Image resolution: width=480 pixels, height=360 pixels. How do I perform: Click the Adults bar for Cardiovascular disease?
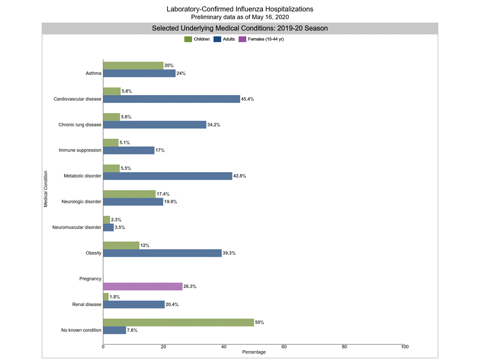click(x=171, y=99)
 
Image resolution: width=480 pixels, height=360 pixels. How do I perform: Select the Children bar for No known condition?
click(x=178, y=322)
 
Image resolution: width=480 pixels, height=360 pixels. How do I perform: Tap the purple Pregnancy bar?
click(x=142, y=286)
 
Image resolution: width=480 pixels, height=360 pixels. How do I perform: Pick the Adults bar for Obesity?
click(x=162, y=253)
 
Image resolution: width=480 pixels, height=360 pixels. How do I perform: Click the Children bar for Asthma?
click(x=133, y=65)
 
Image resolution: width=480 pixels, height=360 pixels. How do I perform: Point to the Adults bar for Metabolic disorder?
click(x=167, y=176)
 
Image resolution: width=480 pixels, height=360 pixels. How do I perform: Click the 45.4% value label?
click(x=248, y=99)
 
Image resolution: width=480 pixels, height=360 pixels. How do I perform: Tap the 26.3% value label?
click(x=190, y=286)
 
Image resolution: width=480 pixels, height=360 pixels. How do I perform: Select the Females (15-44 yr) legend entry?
click(x=261, y=39)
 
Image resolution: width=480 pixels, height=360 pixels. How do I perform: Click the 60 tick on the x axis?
click(x=284, y=346)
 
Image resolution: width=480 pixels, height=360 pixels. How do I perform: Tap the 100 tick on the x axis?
click(x=404, y=346)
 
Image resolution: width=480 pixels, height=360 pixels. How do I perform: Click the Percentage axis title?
click(x=253, y=352)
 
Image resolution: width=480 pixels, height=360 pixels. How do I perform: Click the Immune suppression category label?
click(x=80, y=150)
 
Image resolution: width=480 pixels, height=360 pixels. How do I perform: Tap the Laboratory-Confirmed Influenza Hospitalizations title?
click(x=240, y=9)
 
